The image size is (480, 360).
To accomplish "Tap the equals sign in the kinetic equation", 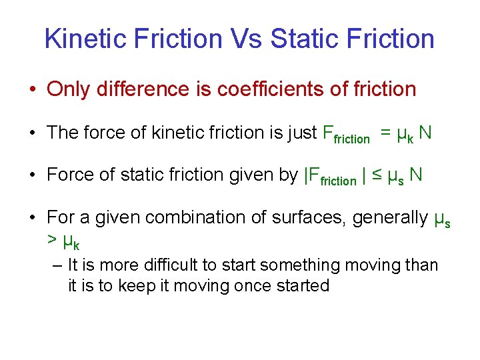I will [x=385, y=133].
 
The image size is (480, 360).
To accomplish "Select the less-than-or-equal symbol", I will [x=377, y=175].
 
